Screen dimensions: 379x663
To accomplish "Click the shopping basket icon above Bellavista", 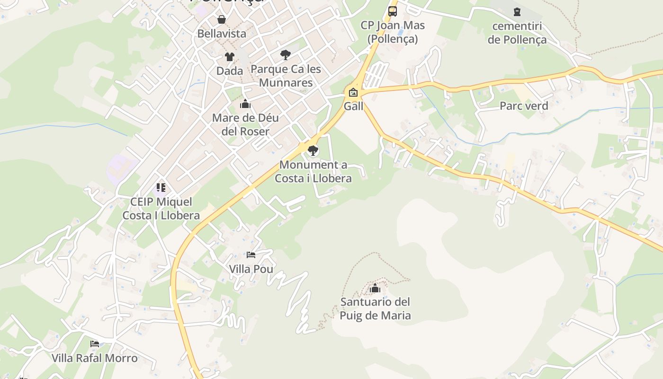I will [x=221, y=19].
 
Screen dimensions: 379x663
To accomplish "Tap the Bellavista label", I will [x=222, y=34].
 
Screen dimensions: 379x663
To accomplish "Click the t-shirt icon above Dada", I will [x=230, y=57].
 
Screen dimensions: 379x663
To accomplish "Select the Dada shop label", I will [x=230, y=71].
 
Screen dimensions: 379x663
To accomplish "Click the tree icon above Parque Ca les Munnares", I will [x=285, y=55].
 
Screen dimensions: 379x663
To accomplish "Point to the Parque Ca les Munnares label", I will [x=286, y=76].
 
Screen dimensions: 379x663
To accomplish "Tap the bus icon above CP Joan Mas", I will [x=393, y=11].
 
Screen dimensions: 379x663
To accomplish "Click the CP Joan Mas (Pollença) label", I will [x=393, y=32].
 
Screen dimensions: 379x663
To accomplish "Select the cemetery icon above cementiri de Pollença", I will [x=517, y=12].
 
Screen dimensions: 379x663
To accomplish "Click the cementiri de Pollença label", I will [x=517, y=33].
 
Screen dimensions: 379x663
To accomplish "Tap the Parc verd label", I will [x=524, y=106].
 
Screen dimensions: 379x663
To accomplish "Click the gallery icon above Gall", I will [x=353, y=92].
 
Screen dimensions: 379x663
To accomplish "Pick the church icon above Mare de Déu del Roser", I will [x=245, y=104].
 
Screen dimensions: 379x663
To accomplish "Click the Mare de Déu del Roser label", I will [x=245, y=125].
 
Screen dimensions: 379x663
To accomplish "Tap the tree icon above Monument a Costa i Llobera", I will [x=313, y=151].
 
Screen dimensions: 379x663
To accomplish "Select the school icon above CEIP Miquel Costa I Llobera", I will [x=161, y=188].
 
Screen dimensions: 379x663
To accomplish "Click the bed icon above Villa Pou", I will [x=251, y=255].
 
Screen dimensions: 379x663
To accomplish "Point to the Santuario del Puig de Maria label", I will [x=375, y=308].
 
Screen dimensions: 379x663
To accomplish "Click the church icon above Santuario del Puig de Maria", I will [x=375, y=288].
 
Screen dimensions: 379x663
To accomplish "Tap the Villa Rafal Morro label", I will [x=95, y=358].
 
